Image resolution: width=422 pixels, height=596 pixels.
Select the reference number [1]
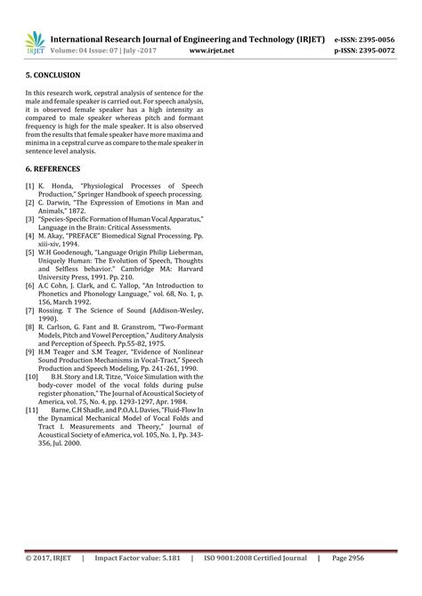(x=30, y=186)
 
